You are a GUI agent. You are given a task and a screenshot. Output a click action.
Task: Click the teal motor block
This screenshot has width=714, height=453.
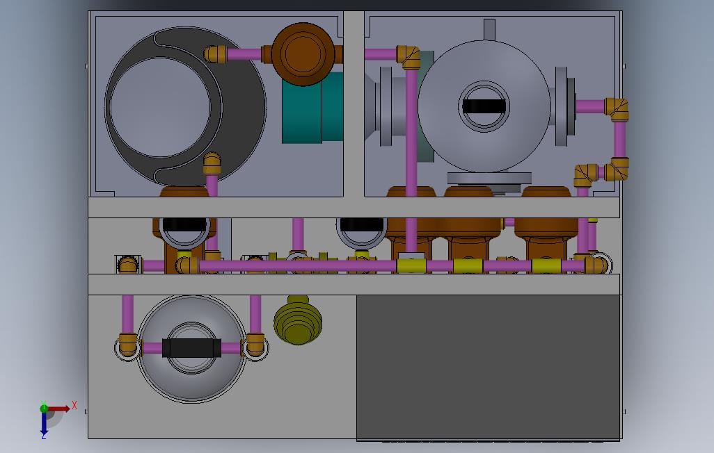pos(312,108)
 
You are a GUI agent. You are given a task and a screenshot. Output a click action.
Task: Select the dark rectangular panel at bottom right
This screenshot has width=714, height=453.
pos(489,368)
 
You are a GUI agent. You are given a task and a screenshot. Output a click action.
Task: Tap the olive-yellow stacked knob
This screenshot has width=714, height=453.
pos(298,320)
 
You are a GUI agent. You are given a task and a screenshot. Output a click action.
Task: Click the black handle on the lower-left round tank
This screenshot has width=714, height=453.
pos(191,348)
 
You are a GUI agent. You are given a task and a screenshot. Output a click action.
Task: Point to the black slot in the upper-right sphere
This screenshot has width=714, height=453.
pos(484,106)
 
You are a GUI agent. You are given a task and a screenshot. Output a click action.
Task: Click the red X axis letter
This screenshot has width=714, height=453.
pos(74,405)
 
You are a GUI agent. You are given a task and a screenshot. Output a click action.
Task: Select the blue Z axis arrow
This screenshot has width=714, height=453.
pos(44,424)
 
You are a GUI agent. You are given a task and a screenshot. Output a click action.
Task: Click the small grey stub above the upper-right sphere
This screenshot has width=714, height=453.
pos(489,30)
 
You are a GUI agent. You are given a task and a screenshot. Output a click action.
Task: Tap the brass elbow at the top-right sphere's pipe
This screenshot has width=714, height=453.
pos(617,110)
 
